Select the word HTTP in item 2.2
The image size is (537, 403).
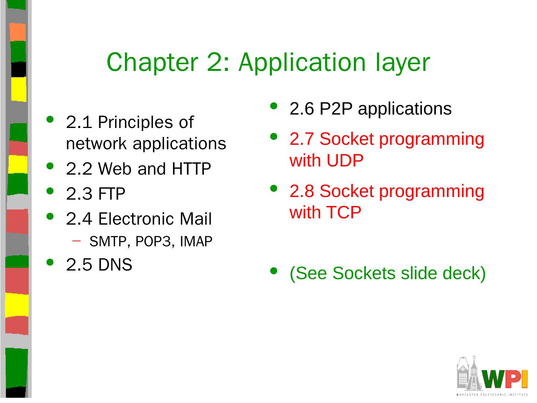191,169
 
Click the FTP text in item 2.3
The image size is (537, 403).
112,194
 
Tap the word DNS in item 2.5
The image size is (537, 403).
115,265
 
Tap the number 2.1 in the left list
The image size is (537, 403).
79,122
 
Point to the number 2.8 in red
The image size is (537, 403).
302,191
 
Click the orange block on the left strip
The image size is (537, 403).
17,32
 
